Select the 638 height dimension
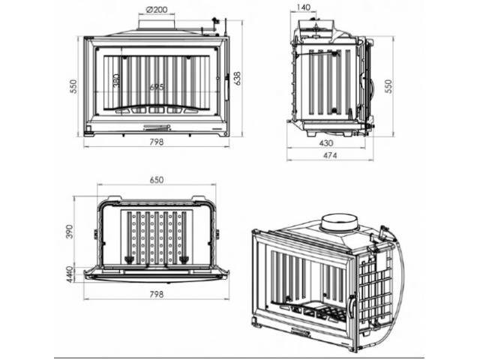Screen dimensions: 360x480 (x=238, y=78)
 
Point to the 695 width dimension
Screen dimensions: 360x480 (x=156, y=88)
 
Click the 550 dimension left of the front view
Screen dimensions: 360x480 (x=74, y=85)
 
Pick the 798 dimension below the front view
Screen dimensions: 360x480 (x=156, y=140)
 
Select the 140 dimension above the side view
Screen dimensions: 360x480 (x=304, y=7)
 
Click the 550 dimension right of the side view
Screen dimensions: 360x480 (x=388, y=85)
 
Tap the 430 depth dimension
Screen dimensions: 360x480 (x=325, y=142)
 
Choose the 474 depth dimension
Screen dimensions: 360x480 (x=329, y=155)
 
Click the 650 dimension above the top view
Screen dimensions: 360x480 (x=157, y=180)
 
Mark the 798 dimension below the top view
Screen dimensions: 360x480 (x=156, y=294)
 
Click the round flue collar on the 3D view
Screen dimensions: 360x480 (x=337, y=222)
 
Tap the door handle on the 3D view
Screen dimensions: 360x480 (x=351, y=308)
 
